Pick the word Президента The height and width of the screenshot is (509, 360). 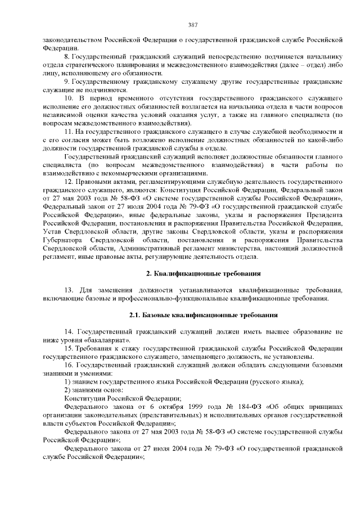[321, 216]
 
